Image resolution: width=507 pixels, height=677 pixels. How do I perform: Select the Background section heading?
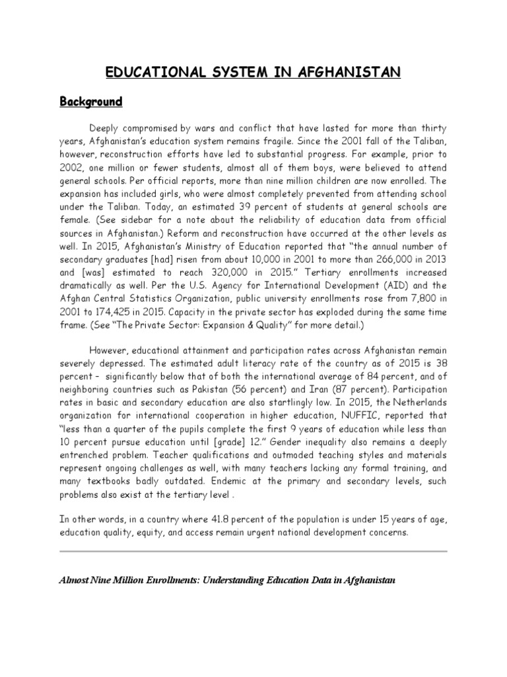(x=92, y=102)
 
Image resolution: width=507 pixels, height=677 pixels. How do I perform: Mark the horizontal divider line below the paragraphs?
(x=253, y=551)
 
